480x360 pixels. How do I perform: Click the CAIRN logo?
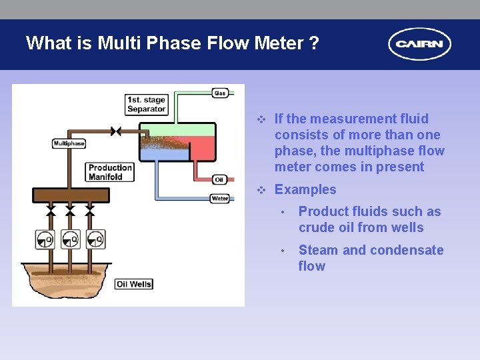(419, 44)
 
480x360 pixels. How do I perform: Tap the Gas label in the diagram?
(220, 93)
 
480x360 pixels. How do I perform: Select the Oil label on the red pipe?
(219, 180)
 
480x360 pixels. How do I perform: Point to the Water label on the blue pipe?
(220, 198)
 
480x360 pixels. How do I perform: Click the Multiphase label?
(69, 143)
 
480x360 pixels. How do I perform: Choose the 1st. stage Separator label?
(146, 105)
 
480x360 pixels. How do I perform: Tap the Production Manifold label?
(109, 172)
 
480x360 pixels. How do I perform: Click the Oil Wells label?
(134, 284)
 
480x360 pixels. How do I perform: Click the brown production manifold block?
(71, 195)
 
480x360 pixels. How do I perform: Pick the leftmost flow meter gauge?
(45, 239)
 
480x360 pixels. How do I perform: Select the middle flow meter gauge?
(70, 239)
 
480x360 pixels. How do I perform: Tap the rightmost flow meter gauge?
(95, 239)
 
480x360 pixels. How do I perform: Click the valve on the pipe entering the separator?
(116, 131)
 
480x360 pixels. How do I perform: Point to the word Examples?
(305, 189)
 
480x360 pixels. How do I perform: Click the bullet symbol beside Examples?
(262, 190)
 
